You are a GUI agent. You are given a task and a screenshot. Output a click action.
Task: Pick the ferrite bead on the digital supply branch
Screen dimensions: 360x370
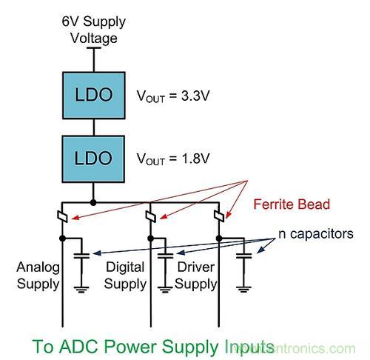tap(151, 218)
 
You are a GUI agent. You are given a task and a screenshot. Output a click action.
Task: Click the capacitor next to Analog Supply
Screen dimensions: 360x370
tap(84, 255)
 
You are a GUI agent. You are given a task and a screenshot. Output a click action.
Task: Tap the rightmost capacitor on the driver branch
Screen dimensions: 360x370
tap(242, 255)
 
